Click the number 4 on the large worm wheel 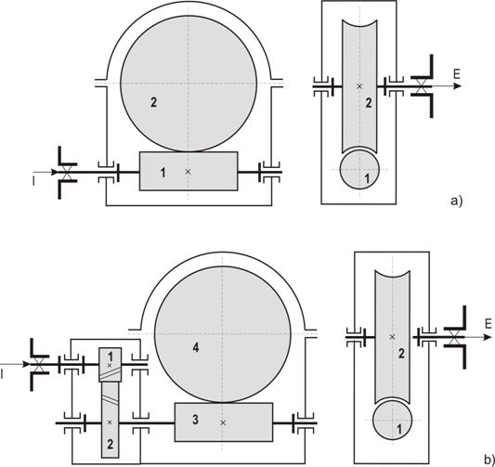[x=196, y=348]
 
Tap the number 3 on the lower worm [x=195, y=420]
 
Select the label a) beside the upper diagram [x=457, y=201]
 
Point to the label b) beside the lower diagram [x=489, y=459]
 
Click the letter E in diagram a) [x=457, y=74]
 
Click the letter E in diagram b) [x=488, y=324]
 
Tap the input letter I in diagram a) [x=33, y=181]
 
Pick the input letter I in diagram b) [x=2, y=374]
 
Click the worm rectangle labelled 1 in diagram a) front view [x=189, y=172]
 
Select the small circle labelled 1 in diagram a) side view [x=359, y=170]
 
